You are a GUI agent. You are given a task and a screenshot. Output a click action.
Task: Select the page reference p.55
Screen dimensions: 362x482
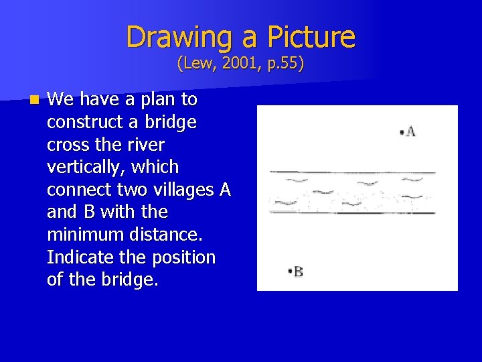pyautogui.click(x=281, y=64)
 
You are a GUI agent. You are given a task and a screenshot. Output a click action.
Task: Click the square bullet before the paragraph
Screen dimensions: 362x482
pyautogui.click(x=34, y=101)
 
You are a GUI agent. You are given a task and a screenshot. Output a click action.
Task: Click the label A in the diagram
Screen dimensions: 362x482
pyautogui.click(x=410, y=132)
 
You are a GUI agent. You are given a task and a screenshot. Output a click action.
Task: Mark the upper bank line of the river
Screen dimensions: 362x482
pyautogui.click(x=352, y=173)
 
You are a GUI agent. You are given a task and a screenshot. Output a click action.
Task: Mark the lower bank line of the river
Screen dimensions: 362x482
pyautogui.click(x=352, y=213)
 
